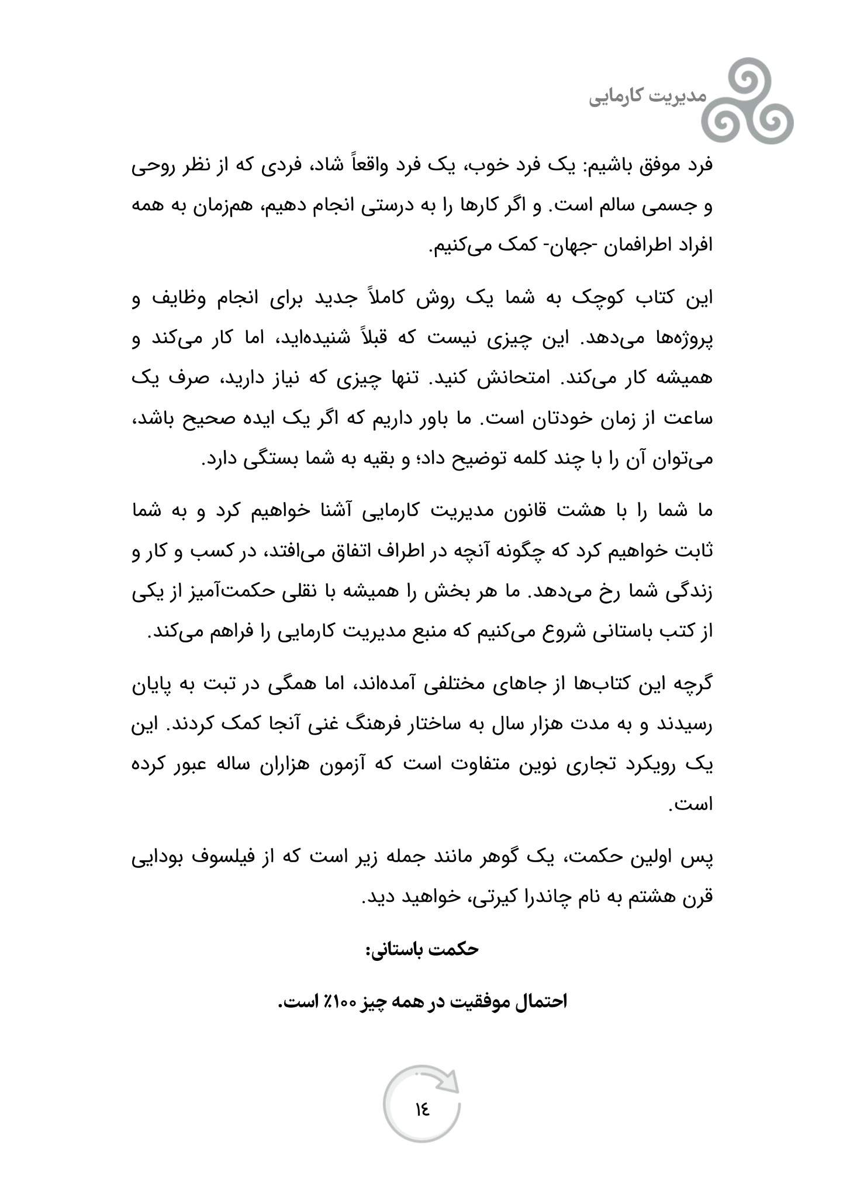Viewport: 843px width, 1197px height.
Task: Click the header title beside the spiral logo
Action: point(647,96)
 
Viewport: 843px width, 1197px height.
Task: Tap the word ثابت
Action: point(696,552)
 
